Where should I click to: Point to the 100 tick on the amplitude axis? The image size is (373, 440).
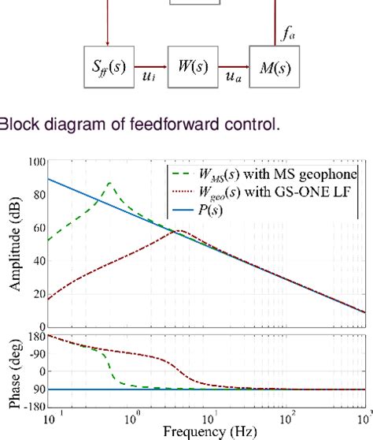(x=35, y=162)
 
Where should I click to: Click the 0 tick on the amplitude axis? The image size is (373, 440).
(x=40, y=326)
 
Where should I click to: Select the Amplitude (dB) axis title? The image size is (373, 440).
(x=14, y=244)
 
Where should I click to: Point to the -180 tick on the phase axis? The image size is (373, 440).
(x=34, y=408)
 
